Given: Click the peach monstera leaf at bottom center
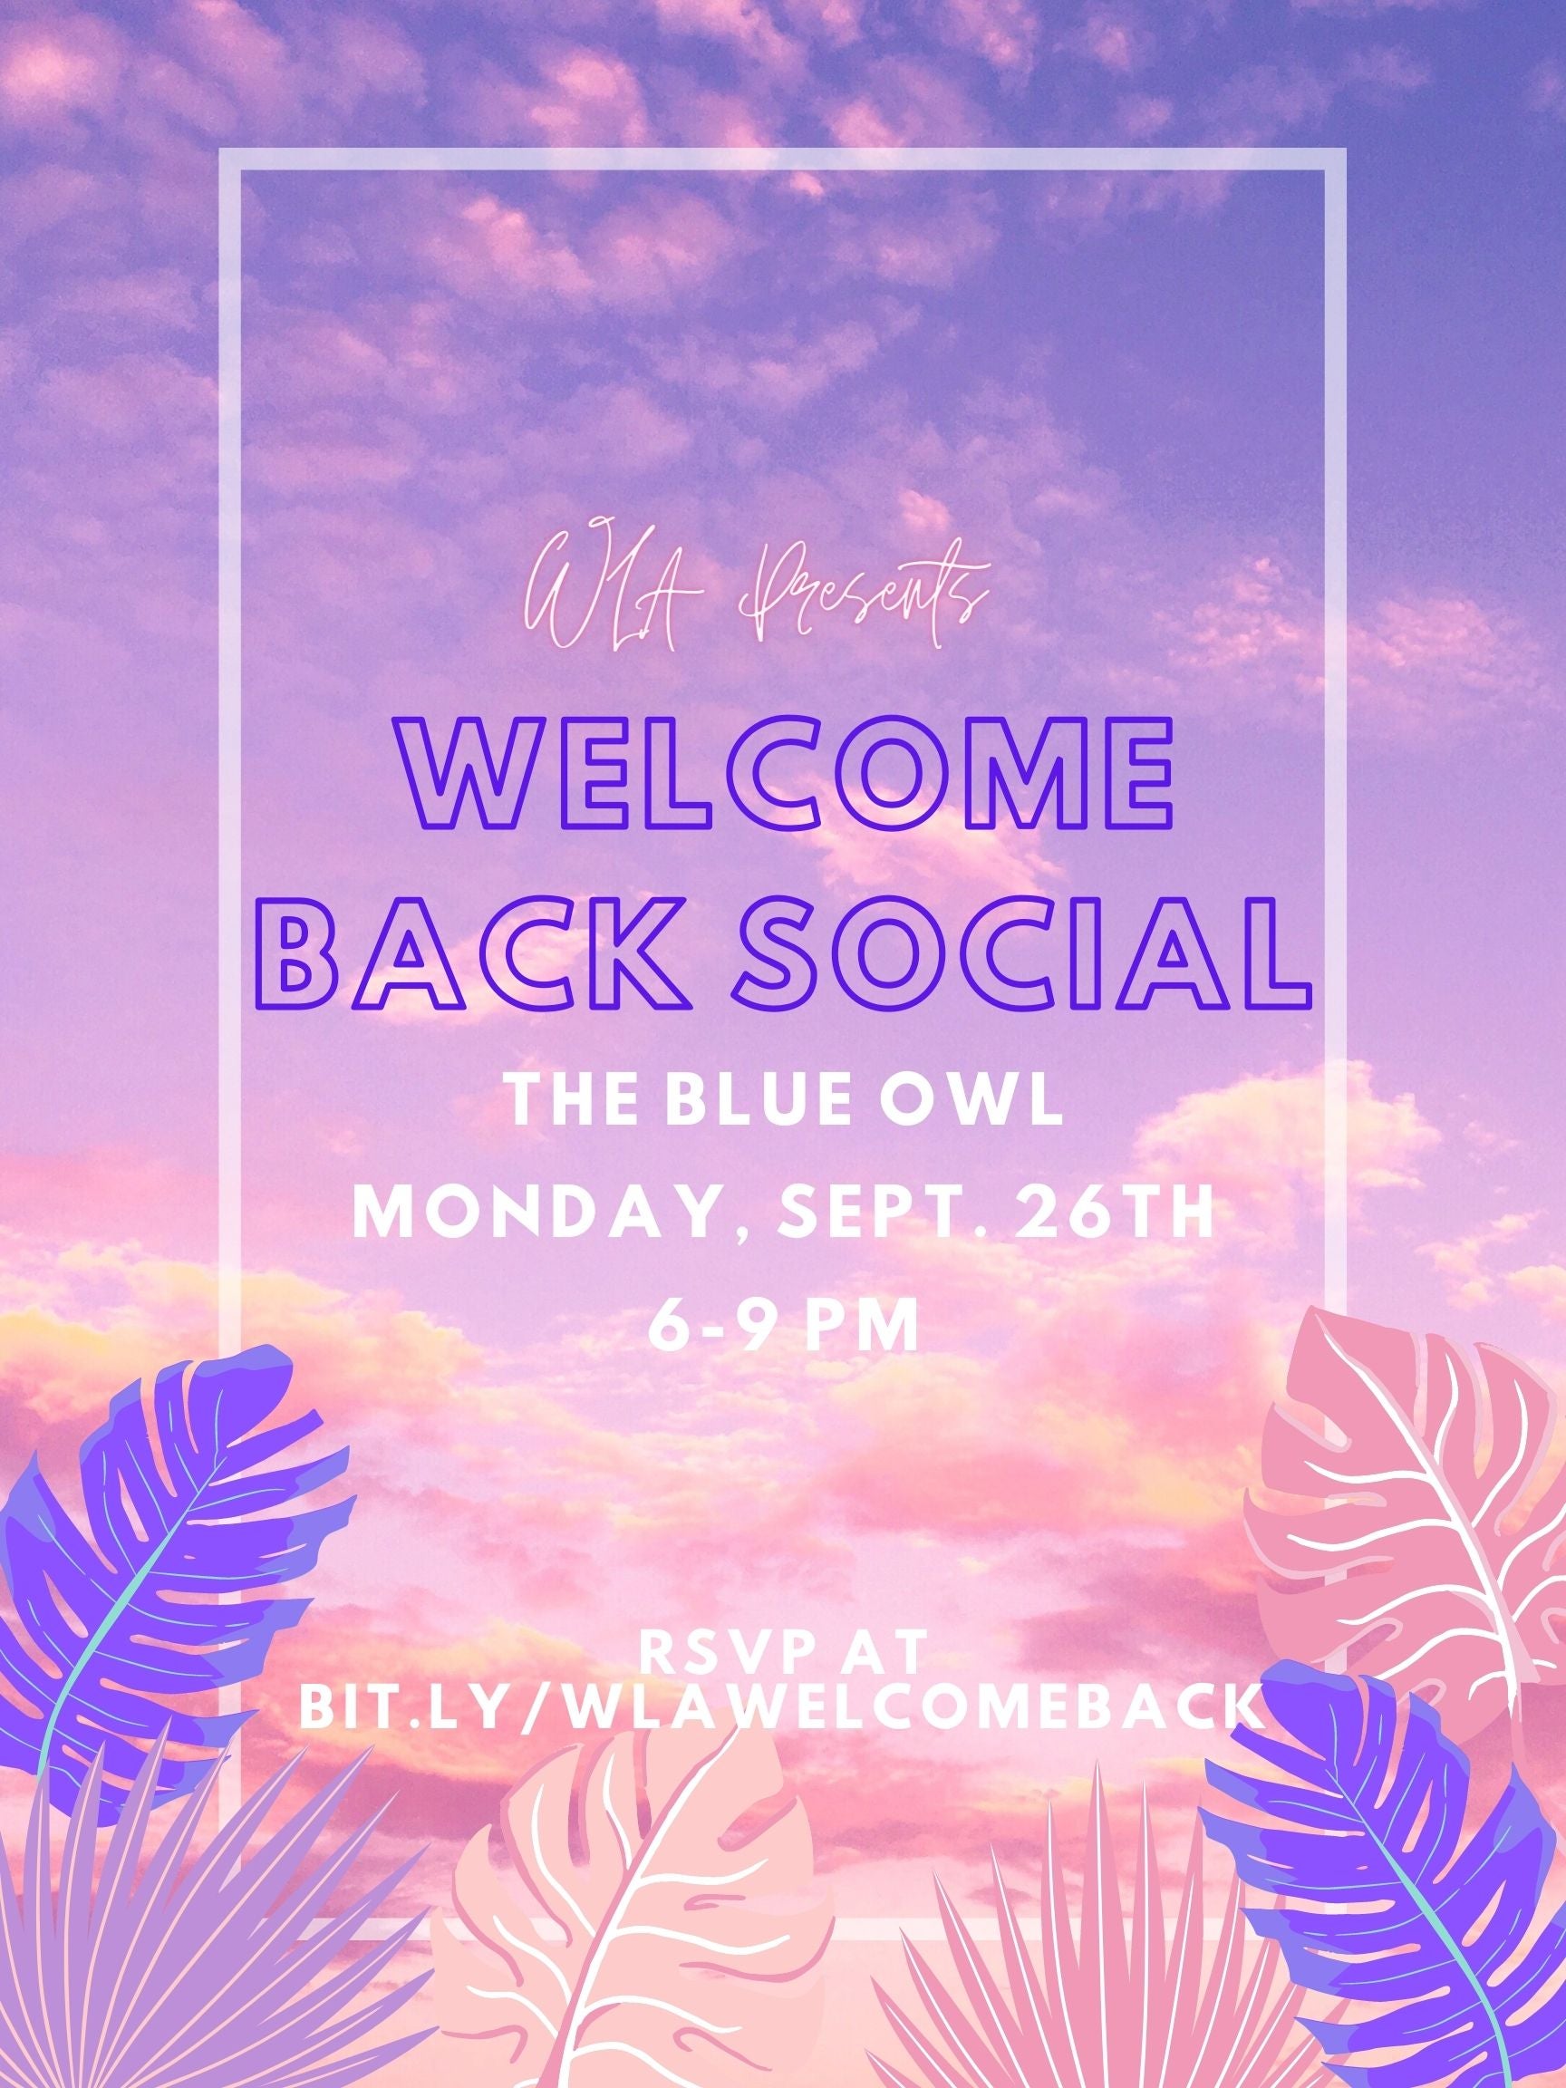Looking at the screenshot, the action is point(633,1935).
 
